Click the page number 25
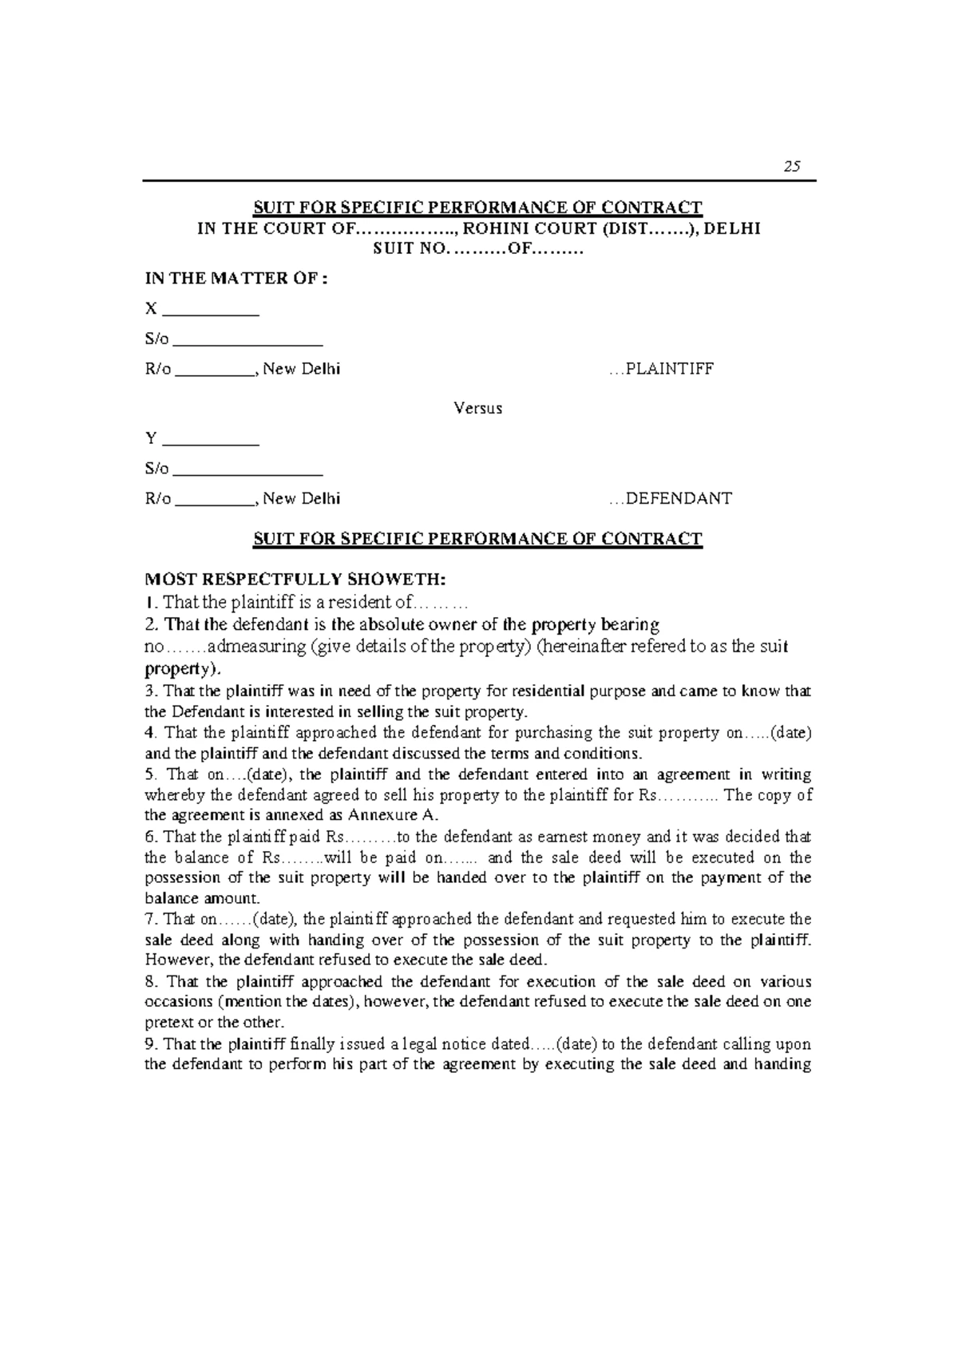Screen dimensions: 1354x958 (x=791, y=167)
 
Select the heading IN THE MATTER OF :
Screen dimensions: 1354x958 (x=237, y=279)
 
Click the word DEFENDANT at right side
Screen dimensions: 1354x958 (x=679, y=499)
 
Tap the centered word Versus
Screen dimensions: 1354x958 (x=477, y=409)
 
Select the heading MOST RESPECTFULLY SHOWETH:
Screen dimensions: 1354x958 (x=297, y=579)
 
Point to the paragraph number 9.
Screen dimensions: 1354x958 (x=149, y=1044)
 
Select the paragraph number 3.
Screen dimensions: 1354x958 (x=148, y=691)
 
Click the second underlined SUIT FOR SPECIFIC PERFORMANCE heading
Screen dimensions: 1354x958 (x=477, y=539)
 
